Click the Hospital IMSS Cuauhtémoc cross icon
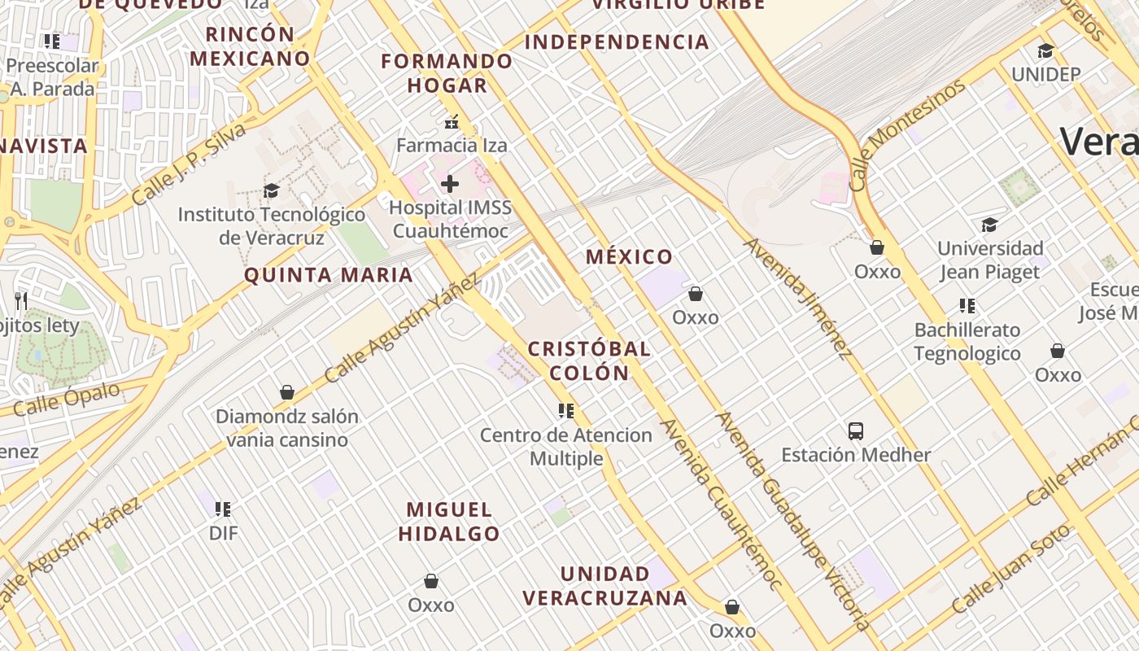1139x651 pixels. pyautogui.click(x=450, y=184)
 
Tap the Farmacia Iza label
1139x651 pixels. pyautogui.click(x=452, y=146)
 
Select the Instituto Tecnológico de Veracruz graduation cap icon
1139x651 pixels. pyautogui.click(x=271, y=190)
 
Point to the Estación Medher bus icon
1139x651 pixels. pyautogui.click(x=856, y=430)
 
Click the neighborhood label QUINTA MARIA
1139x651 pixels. pyautogui.click(x=329, y=275)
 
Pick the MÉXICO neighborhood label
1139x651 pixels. pyautogui.click(x=630, y=257)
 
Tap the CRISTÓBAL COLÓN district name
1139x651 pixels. pyautogui.click(x=589, y=360)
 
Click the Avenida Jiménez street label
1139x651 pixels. pyautogui.click(x=797, y=297)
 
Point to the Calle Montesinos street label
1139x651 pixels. pyautogui.click(x=908, y=134)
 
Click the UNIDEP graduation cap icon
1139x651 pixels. pyautogui.click(x=1045, y=50)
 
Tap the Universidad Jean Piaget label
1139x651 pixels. pyautogui.click(x=990, y=260)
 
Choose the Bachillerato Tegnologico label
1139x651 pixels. pyautogui.click(x=967, y=342)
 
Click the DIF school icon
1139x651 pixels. pyautogui.click(x=223, y=509)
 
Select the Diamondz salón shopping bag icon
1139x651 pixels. pyautogui.click(x=286, y=392)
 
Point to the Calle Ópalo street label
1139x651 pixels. pyautogui.click(x=67, y=399)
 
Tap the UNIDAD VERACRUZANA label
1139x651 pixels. pyautogui.click(x=604, y=586)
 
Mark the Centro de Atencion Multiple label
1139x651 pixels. pyautogui.click(x=566, y=447)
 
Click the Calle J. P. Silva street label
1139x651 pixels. pyautogui.click(x=188, y=164)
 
